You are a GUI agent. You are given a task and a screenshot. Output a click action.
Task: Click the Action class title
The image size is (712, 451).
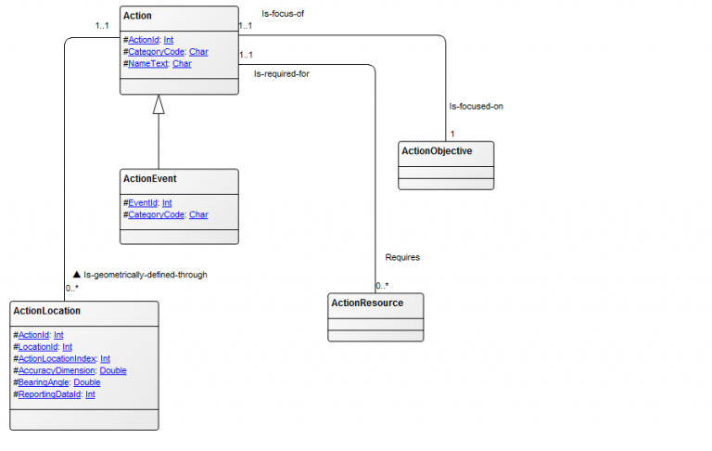[137, 16]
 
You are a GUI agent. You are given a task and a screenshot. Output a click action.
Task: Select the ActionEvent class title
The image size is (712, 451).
[150, 178]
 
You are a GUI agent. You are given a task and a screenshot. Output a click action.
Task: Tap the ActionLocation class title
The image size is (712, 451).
[46, 311]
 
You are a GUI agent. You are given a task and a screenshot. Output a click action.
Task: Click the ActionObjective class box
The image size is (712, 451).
[446, 164]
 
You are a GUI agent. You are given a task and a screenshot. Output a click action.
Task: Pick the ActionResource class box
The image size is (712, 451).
[376, 316]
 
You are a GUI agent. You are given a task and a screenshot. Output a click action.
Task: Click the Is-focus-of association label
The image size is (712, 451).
[283, 14]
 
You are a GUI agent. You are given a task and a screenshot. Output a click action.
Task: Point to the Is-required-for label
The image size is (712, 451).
[282, 73]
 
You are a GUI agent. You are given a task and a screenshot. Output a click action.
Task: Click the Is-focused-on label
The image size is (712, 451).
[477, 107]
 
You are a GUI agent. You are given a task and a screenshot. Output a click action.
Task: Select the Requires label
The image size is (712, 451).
[402, 257]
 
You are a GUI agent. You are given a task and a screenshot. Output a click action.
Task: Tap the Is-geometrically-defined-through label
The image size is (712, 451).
[141, 275]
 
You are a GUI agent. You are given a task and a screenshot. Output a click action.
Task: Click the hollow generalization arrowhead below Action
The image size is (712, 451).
[159, 105]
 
